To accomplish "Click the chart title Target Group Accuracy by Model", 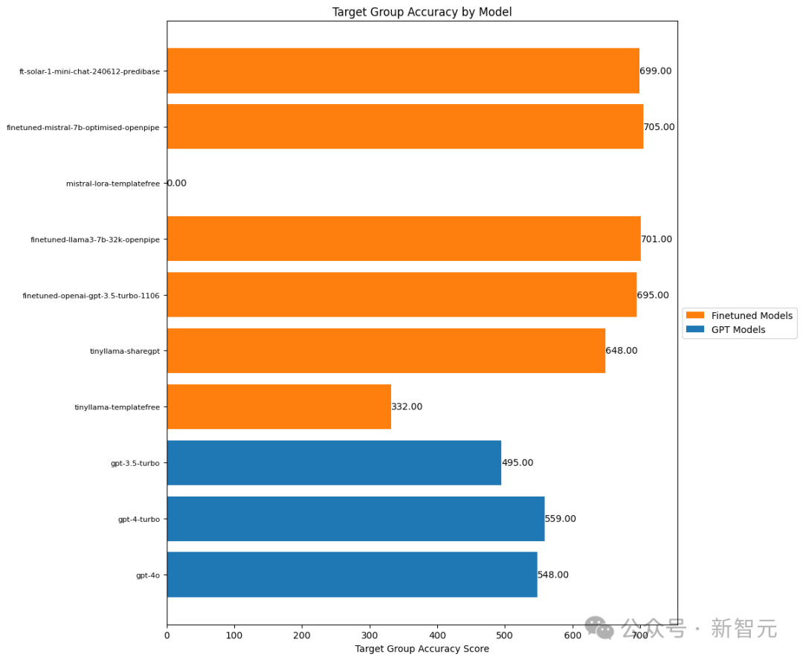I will point(422,12).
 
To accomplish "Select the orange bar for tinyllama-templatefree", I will point(279,407).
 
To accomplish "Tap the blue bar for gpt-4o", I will point(352,575).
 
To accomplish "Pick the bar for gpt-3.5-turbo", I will point(334,462).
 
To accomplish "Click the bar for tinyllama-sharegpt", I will point(386,351).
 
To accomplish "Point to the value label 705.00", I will point(660,127).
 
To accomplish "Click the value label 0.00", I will point(177,183).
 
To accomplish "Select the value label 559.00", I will point(561,519).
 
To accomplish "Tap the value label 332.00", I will point(407,407).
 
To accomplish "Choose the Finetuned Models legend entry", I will point(752,316).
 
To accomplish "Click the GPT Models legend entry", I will point(738,329).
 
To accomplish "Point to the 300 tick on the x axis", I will point(370,635).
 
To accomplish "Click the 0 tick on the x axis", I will point(167,635).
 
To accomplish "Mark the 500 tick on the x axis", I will point(505,635).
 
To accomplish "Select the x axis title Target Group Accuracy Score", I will point(422,649).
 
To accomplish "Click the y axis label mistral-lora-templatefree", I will point(112,184).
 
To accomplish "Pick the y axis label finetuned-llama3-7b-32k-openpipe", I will point(95,239).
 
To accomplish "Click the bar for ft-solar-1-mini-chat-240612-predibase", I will point(403,71).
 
